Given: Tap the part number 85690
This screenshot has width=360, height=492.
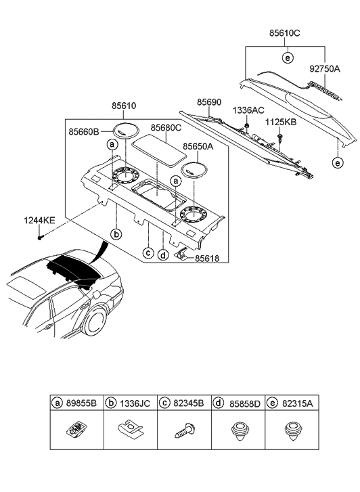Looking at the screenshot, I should [x=209, y=102].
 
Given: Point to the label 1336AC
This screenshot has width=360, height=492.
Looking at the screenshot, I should [x=248, y=109].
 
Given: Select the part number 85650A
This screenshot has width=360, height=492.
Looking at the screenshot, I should [x=198, y=145].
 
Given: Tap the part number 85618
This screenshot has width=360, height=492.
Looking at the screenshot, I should [x=206, y=258].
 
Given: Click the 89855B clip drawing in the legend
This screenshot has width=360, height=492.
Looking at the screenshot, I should [x=77, y=428].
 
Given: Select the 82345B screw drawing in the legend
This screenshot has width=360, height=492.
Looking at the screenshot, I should [x=184, y=430].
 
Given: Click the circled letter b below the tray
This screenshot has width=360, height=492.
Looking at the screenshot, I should [x=116, y=234].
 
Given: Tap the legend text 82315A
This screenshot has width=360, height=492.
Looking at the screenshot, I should [x=299, y=402].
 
